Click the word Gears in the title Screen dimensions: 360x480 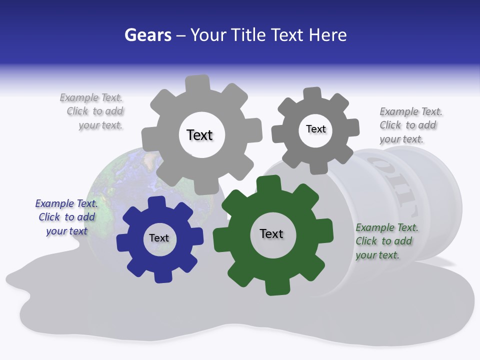pyautogui.click(x=147, y=35)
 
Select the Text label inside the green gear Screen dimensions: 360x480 pyautogui.click(x=271, y=233)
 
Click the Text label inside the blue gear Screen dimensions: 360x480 pyautogui.click(x=159, y=238)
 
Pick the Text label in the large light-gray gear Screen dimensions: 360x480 pyautogui.click(x=199, y=135)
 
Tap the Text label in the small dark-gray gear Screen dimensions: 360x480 pyautogui.click(x=316, y=129)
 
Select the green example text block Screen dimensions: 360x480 pyautogui.click(x=386, y=241)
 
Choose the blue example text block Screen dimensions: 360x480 pyautogui.click(x=66, y=217)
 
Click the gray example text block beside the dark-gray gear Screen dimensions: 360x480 pyautogui.click(x=410, y=125)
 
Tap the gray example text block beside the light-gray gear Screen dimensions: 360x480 pyautogui.click(x=92, y=111)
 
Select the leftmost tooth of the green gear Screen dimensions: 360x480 pyautogui.click(x=220, y=239)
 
